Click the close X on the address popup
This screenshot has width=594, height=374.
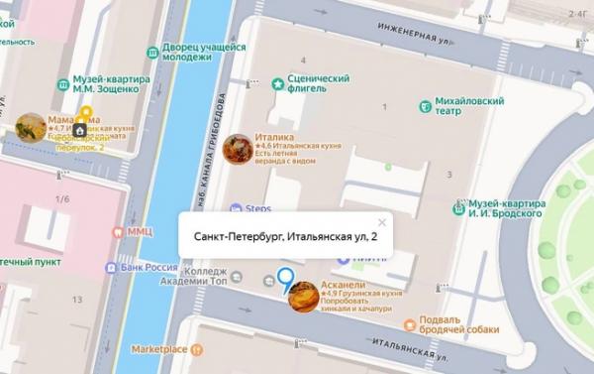pos(382,222)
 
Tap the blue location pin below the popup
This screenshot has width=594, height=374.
pos(287,281)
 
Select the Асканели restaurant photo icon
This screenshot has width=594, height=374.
pos(303,297)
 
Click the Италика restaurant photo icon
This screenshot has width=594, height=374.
pos(238,149)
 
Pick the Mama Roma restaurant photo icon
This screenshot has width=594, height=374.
pos(31,128)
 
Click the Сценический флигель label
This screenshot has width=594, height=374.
pos(317,85)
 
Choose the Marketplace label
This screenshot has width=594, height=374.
pos(160,349)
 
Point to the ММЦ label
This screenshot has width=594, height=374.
pos(139,230)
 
